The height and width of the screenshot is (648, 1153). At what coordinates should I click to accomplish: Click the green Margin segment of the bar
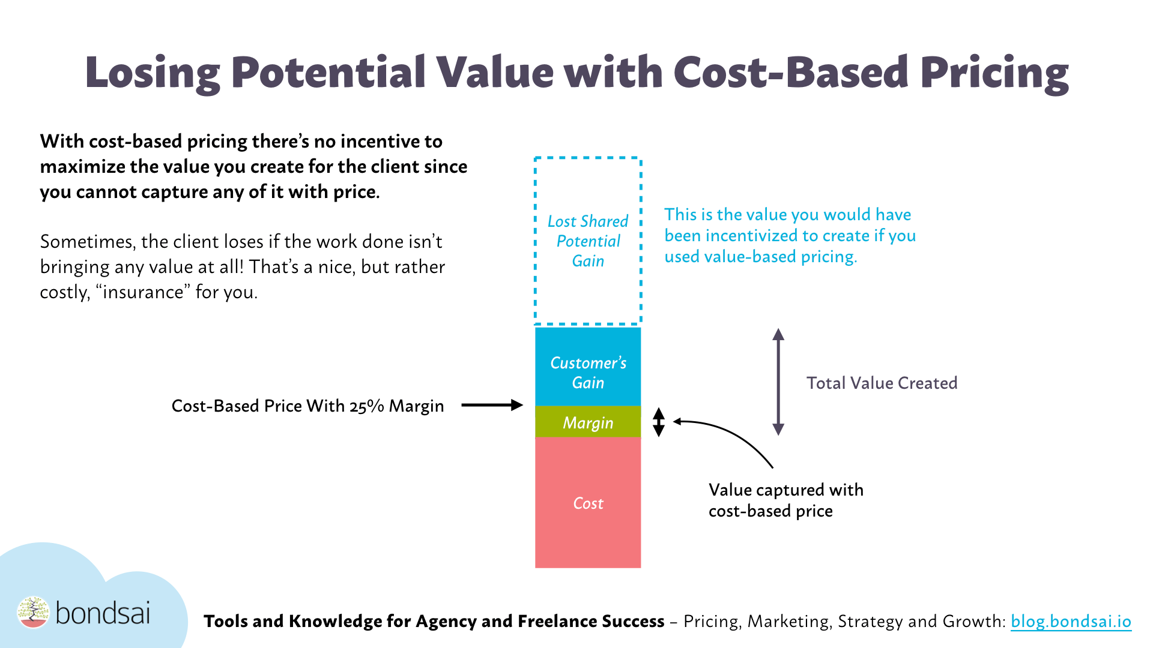click(588, 422)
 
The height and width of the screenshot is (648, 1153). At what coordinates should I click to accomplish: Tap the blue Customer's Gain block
click(588, 372)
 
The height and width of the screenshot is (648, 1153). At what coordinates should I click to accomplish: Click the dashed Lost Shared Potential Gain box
click(588, 241)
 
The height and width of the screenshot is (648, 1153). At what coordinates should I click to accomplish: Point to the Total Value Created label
click(882, 383)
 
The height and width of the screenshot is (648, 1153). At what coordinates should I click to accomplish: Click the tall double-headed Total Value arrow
click(778, 382)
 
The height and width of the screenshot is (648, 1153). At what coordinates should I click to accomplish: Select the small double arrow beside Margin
click(659, 422)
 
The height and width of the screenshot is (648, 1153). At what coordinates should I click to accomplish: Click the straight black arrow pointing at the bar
click(492, 405)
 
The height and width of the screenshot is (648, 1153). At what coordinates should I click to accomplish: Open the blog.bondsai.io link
click(1071, 621)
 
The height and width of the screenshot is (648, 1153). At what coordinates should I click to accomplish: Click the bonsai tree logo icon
click(33, 612)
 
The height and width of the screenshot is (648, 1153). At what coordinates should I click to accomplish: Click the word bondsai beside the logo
click(103, 613)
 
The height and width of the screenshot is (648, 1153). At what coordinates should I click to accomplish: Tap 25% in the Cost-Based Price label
click(366, 406)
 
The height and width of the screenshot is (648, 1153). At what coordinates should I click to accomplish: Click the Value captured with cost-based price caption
click(785, 500)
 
